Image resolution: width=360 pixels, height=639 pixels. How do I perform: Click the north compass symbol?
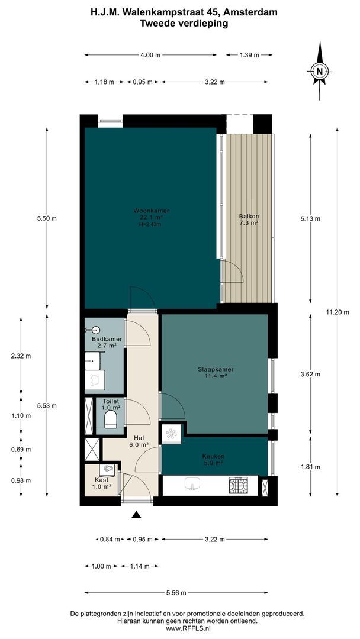pyautogui.click(x=320, y=72)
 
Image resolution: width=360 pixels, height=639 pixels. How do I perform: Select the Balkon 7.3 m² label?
pyautogui.click(x=249, y=220)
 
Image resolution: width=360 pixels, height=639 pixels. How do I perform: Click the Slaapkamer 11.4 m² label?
pyautogui.click(x=216, y=373)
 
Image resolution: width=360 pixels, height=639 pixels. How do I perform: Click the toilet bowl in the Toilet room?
pyautogui.click(x=110, y=420)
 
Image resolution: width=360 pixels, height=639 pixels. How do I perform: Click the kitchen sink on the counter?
pyautogui.click(x=191, y=485)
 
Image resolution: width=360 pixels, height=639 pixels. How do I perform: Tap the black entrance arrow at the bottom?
pyautogui.click(x=137, y=515)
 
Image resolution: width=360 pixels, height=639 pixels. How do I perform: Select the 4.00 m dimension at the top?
pyautogui.click(x=150, y=55)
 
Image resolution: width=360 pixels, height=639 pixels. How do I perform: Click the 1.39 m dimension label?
pyautogui.click(x=249, y=55)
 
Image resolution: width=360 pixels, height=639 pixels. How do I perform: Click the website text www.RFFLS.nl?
pyautogui.click(x=180, y=629)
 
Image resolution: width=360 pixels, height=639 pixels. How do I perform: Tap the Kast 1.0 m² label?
pyautogui.click(x=101, y=483)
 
